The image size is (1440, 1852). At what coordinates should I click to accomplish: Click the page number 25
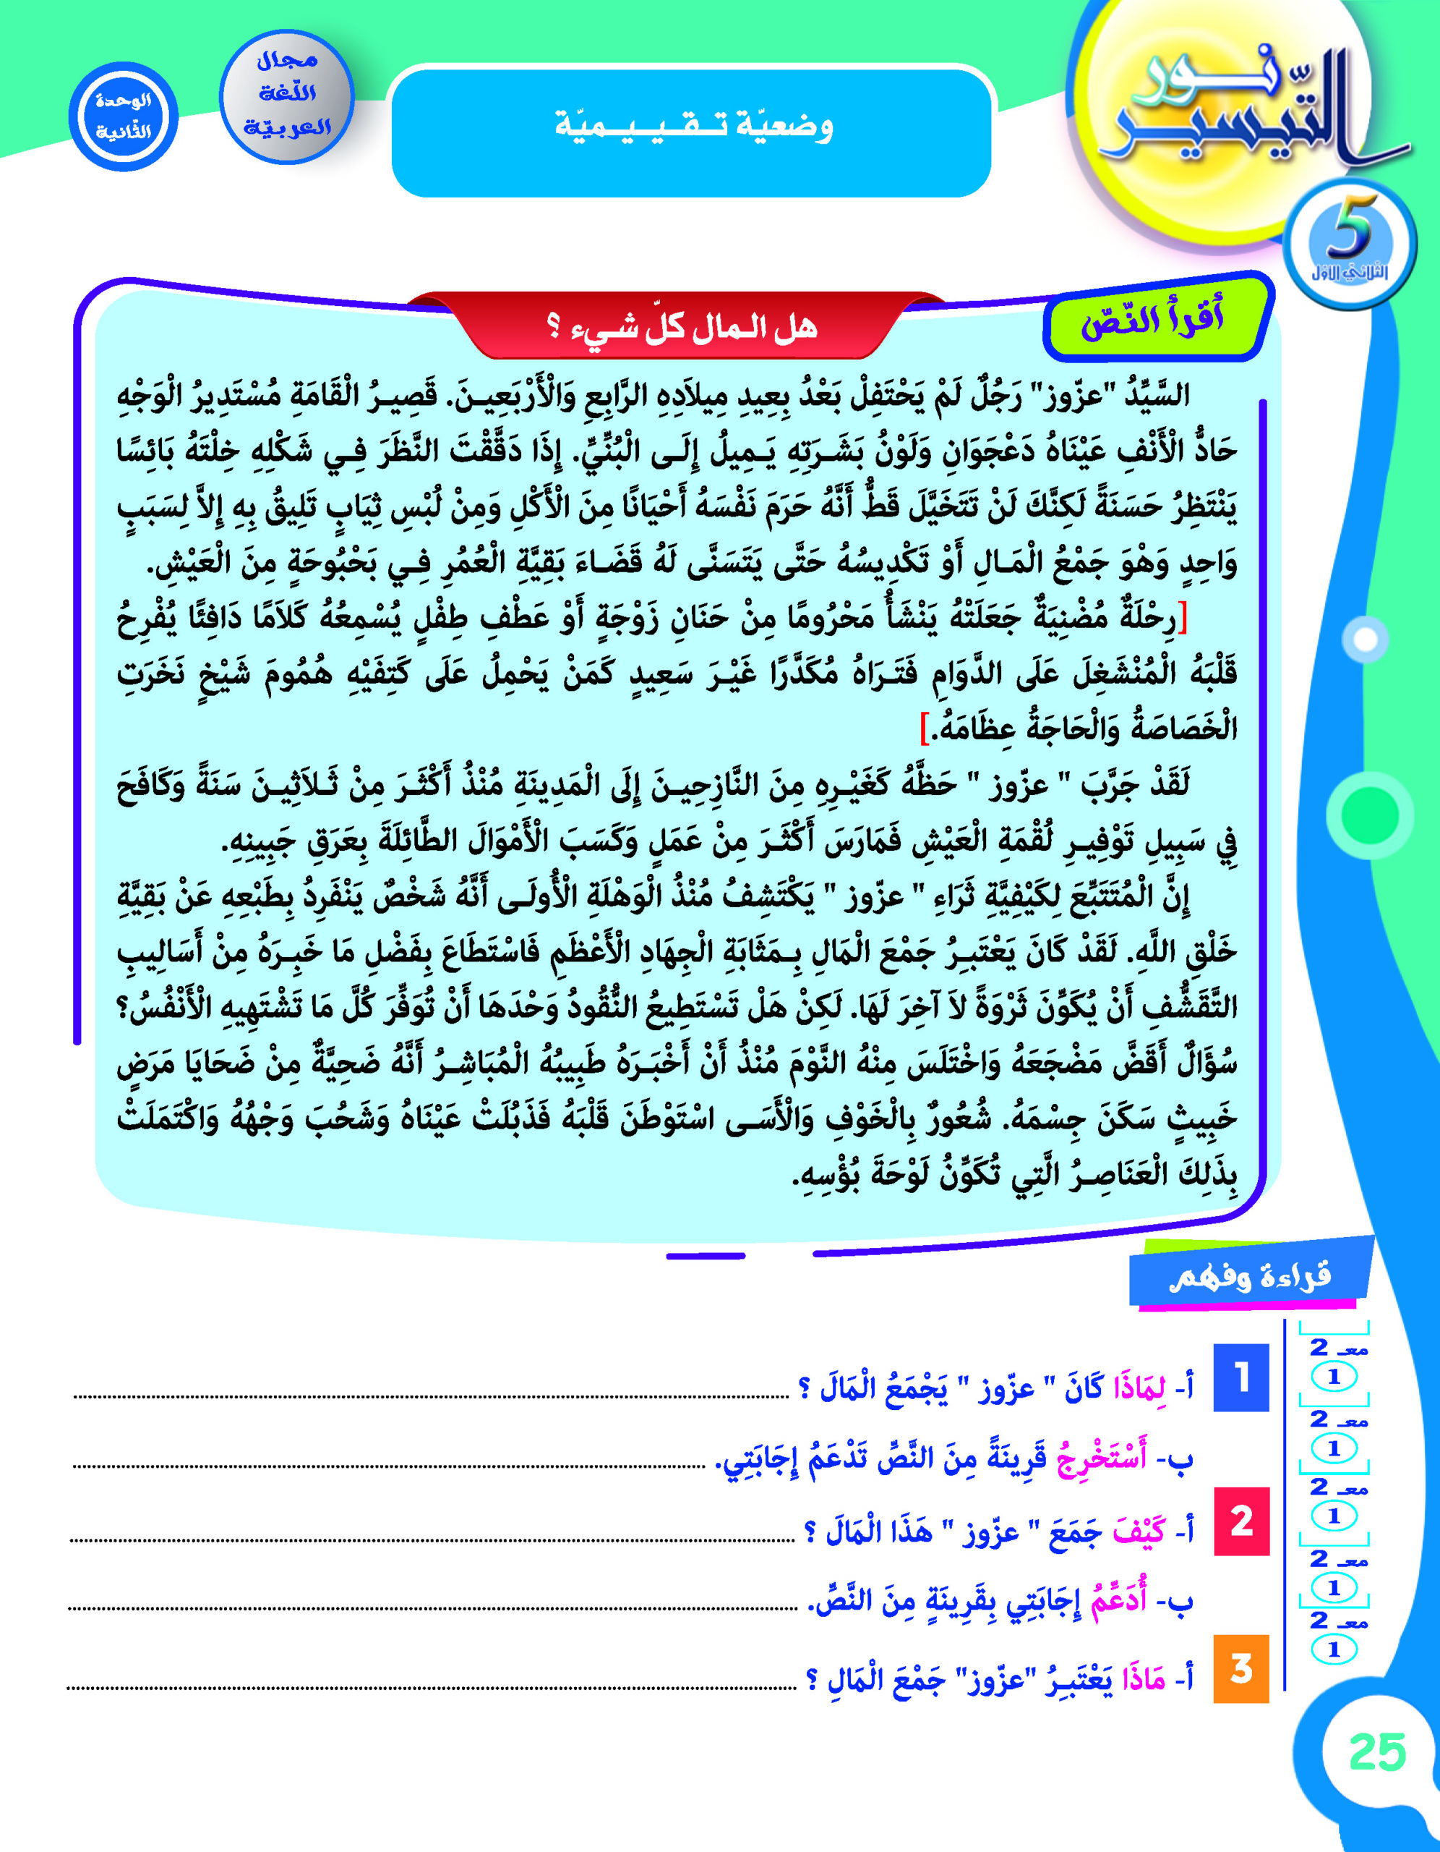(1377, 1752)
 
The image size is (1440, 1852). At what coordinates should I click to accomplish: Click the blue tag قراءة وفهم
(1249, 1275)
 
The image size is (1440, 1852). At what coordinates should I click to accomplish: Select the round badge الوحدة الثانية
(124, 116)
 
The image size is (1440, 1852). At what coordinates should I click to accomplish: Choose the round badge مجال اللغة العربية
(286, 95)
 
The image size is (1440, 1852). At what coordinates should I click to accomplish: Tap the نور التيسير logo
(1246, 110)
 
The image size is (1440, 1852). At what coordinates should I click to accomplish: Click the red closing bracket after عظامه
(925, 728)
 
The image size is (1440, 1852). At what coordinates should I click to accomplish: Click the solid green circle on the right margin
(1370, 814)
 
